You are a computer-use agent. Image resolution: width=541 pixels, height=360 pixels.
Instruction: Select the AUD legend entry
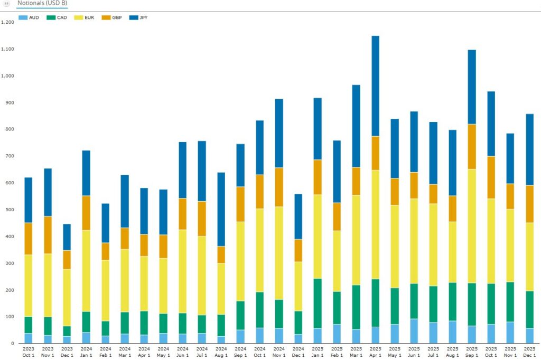coord(29,17)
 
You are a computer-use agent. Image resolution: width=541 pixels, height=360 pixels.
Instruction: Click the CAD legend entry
coord(58,17)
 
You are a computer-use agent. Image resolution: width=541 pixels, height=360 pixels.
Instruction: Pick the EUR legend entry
coord(86,17)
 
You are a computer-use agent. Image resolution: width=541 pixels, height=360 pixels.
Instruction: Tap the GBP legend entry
coord(113,17)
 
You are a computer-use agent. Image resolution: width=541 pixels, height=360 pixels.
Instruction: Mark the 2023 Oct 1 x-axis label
coord(29,351)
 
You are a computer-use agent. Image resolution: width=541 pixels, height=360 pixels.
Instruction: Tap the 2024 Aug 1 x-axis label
coord(221,351)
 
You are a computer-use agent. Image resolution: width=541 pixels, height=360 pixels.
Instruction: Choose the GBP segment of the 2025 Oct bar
coord(491,177)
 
